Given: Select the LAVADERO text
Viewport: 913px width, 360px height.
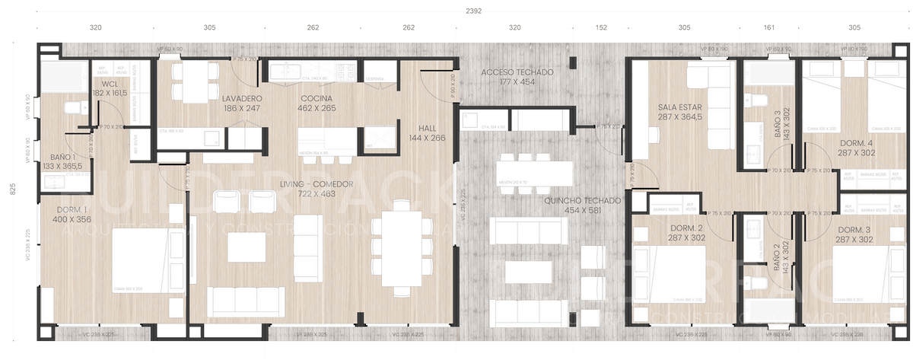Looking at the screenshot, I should [x=243, y=100].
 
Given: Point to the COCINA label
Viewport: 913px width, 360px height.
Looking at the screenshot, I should [x=314, y=100].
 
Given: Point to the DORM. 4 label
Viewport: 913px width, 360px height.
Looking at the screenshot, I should [x=857, y=144].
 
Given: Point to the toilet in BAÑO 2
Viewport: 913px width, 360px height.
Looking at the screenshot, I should [x=759, y=283].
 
